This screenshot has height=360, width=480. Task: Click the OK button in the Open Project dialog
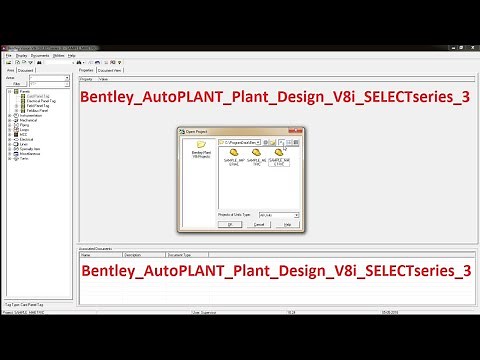point(229,225)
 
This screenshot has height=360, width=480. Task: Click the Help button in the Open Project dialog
point(288,225)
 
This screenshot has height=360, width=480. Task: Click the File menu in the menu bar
point(7,55)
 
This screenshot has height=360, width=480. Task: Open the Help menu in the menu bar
point(72,55)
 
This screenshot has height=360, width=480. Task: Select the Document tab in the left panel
point(27,71)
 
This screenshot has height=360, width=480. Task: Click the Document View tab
point(111,71)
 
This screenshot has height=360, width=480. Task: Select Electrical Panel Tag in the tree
point(37,101)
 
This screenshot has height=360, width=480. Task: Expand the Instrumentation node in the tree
point(9,115)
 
